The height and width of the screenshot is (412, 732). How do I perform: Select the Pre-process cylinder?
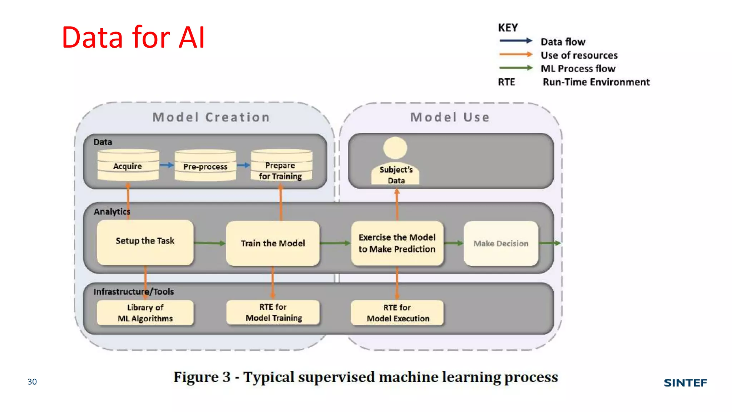205,166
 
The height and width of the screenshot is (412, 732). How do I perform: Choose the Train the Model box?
273,244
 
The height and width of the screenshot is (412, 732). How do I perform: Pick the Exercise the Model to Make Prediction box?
397,244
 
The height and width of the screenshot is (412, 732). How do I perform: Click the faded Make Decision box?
501,244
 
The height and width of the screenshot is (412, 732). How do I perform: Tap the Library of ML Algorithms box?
145,313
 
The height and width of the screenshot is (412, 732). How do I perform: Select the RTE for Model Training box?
273,313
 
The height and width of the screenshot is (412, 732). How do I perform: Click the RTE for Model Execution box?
397,313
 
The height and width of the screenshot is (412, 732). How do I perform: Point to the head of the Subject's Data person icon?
395,148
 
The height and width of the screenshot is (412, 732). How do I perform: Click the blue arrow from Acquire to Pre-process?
167,165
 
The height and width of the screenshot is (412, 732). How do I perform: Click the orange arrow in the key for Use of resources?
515,55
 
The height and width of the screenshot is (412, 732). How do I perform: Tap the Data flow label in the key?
563,42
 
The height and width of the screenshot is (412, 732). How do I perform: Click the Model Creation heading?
211,117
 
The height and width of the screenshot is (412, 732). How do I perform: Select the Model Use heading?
450,117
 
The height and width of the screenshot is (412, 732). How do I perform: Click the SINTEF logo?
685,383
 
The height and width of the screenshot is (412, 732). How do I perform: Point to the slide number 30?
32,382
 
